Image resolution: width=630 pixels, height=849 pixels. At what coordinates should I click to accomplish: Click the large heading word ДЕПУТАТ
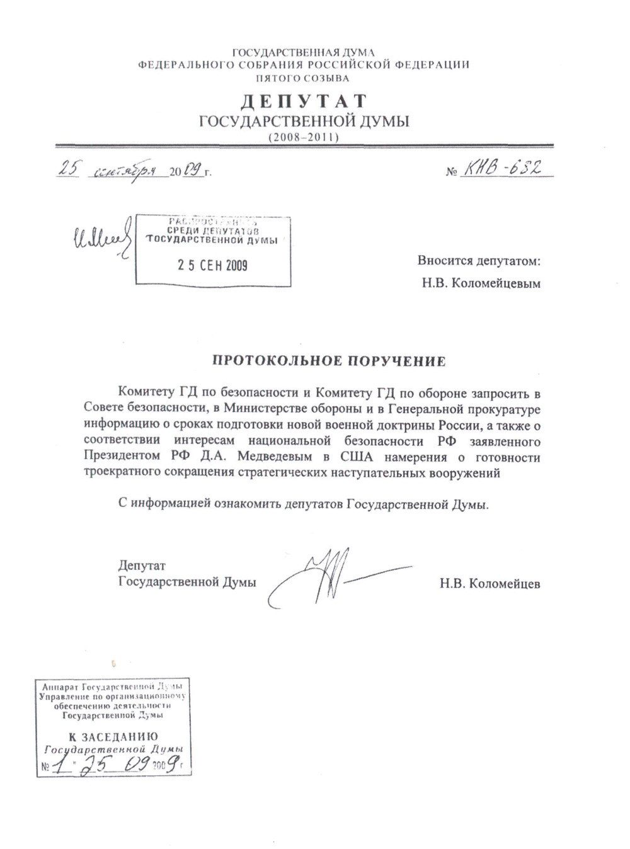pos(304,101)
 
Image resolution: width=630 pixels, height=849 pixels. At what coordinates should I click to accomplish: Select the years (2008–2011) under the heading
pos(304,136)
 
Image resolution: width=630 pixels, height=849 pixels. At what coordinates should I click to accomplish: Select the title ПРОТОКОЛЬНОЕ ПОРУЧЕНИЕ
pos(327,361)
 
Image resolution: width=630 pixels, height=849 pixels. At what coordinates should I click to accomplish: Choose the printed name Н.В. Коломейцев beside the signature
pos(490,583)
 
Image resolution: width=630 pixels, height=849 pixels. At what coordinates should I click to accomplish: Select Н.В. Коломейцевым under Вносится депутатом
pos(481,283)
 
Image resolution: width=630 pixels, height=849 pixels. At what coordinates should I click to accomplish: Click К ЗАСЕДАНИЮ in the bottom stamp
pos(113,736)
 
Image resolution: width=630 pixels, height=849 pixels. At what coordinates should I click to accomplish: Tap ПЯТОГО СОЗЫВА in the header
pos(302,79)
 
